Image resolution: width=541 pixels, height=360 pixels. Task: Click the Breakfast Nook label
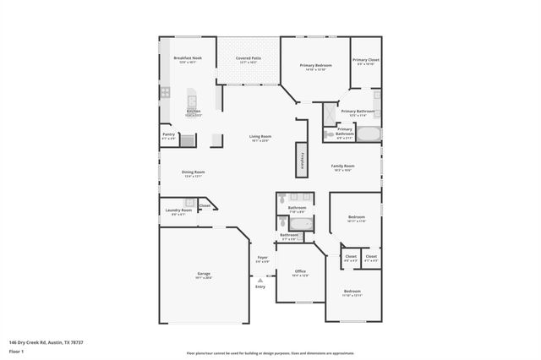tap(188, 58)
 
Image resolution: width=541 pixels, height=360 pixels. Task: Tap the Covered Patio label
tap(249, 58)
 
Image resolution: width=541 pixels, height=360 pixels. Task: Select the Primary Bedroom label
tap(317, 64)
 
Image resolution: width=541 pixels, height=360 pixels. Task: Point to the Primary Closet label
tap(366, 60)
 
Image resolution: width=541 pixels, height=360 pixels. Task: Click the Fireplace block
tap(299, 160)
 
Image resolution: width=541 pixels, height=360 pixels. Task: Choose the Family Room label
tap(342, 166)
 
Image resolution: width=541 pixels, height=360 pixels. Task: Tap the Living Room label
tap(260, 137)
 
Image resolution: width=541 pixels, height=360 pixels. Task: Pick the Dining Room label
tap(194, 172)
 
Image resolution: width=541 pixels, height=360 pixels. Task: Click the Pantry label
tap(168, 134)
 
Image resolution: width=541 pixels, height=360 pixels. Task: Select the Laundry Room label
tap(179, 210)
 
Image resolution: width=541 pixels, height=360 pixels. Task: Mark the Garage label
tap(204, 274)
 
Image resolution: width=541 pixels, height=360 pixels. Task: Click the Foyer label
tap(263, 257)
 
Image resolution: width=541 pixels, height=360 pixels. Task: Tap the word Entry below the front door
tap(260, 286)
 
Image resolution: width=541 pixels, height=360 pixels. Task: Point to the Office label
tap(300, 271)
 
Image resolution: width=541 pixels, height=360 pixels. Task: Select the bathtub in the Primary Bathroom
tap(369, 133)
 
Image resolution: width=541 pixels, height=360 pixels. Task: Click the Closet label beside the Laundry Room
tap(205, 205)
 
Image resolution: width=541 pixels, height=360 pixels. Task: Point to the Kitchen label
tap(194, 112)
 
